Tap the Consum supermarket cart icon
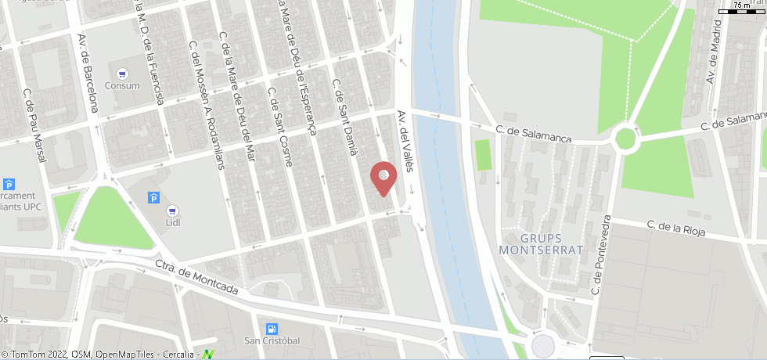coord(122,74)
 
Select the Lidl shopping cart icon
coord(171,211)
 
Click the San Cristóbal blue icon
coord(272,329)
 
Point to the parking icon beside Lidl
coord(153,197)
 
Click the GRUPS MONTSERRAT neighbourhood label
coord(542,243)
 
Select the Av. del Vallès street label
coord(404,139)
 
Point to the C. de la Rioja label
coord(676,228)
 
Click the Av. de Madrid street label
coord(713,53)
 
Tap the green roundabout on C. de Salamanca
coord(625,139)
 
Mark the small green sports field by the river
coord(483,154)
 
